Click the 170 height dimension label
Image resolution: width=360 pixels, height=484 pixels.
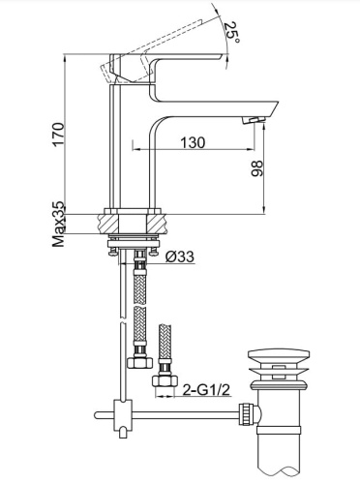tap(59, 135)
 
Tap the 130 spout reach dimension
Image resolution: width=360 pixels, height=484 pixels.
tap(193, 142)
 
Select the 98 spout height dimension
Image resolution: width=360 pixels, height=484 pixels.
tap(257, 168)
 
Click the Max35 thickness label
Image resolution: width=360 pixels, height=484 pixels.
tap(59, 225)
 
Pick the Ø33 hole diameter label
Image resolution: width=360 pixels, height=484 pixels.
tap(180, 257)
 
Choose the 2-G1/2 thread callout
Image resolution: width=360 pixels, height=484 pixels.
tap(206, 390)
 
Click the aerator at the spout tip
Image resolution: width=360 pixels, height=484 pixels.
tap(255, 120)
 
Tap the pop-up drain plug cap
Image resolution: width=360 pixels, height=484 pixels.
tap(279, 354)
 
